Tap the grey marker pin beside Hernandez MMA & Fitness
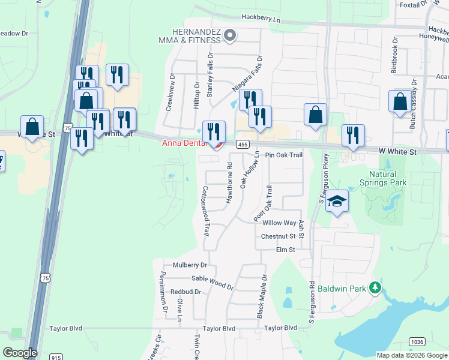229,37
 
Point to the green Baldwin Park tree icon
375,288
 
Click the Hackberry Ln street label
261,19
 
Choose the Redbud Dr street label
184,292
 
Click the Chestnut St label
279,237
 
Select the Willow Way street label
280,223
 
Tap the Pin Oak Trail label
284,155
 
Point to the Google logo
20,352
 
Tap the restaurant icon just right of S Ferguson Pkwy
354,136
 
